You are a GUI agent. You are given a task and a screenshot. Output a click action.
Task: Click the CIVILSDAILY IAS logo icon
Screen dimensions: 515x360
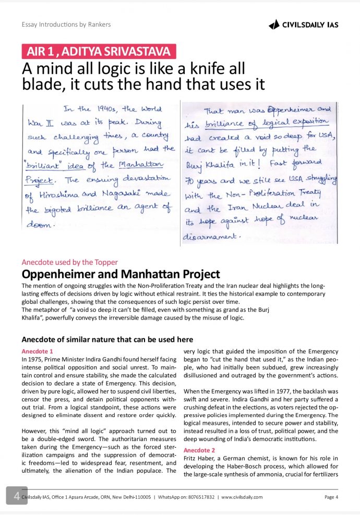274,24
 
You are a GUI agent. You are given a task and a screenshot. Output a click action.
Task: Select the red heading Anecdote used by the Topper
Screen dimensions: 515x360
69,262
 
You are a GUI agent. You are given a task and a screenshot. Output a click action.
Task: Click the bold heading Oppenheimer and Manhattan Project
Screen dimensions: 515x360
121,274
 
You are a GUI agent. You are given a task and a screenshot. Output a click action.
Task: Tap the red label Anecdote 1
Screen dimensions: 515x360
37,351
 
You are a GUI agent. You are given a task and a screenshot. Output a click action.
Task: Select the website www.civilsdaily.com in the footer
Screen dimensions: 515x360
242,497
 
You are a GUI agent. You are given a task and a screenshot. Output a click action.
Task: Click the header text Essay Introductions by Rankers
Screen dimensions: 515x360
66,24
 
